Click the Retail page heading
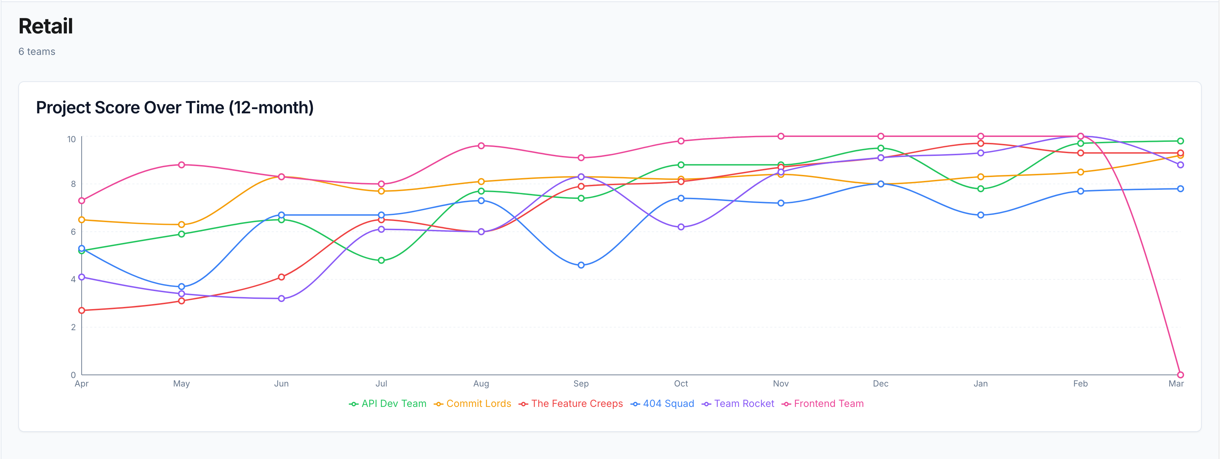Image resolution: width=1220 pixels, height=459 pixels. pos(45,26)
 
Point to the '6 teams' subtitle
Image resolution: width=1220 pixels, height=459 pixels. pos(37,52)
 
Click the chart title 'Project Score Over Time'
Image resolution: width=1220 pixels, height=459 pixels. pos(175,107)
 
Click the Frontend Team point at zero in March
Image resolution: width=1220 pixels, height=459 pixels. pos(1180,375)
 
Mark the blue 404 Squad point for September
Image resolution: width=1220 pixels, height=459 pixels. pos(581,265)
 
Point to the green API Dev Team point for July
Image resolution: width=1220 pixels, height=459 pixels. pos(381,260)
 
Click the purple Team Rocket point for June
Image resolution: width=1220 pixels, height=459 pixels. pos(281,298)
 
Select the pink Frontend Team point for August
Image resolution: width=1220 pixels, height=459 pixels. pos(481,146)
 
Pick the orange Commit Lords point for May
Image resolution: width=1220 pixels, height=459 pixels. pos(181,225)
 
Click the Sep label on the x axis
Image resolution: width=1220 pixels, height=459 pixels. pos(581,384)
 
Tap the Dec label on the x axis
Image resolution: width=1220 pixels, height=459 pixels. pos(880,384)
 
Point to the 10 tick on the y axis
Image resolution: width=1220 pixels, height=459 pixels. pos(71,139)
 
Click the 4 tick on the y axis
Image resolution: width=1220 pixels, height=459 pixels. pos(74,279)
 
